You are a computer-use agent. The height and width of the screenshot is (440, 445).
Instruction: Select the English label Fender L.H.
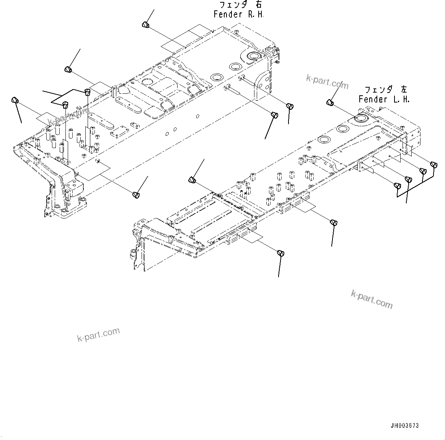[384, 99]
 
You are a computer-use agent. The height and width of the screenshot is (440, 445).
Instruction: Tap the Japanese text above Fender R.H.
[241, 5]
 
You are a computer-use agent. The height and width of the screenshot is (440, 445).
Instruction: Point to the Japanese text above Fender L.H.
[385, 90]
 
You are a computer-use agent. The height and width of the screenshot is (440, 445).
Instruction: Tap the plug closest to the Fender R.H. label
[145, 25]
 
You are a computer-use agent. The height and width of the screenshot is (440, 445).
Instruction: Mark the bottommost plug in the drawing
[280, 253]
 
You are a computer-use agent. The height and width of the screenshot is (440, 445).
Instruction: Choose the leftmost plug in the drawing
[15, 100]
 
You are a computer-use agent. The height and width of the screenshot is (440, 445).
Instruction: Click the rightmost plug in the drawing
[434, 165]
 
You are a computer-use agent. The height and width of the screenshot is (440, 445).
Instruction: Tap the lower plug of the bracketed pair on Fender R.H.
[65, 104]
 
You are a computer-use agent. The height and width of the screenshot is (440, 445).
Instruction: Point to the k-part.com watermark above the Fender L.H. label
[327, 81]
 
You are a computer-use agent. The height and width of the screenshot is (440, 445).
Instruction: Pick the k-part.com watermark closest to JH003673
[372, 299]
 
